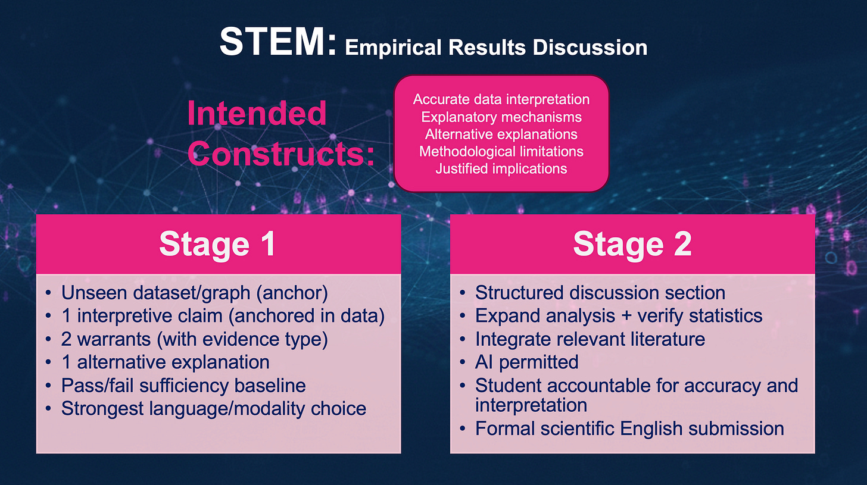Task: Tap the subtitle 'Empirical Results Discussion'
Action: point(495,47)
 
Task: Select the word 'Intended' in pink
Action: point(257,113)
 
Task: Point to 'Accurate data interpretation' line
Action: point(501,99)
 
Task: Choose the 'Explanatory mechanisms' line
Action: point(501,117)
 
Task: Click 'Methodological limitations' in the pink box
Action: point(501,151)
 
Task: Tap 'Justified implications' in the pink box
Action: point(501,168)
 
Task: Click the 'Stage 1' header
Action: point(217,244)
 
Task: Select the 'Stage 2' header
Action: point(632,244)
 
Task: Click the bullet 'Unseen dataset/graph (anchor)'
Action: point(195,293)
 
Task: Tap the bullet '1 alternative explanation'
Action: point(165,362)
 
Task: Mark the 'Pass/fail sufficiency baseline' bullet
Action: point(183,385)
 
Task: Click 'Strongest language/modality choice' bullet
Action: point(213,408)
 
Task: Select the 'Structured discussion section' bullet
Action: point(600,293)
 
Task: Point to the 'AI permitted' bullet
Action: point(526,362)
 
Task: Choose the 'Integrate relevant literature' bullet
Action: point(590,339)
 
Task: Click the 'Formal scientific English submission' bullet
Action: point(629,428)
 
